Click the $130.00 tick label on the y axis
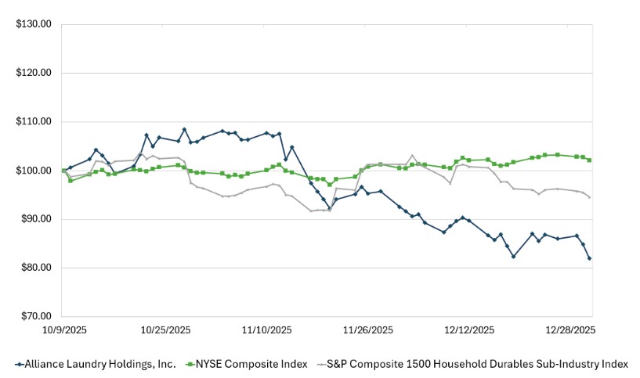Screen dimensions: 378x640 point(34,24)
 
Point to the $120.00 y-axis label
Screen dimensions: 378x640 point(34,73)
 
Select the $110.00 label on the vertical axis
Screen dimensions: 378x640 point(34,122)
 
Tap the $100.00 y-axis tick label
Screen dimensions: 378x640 point(34,171)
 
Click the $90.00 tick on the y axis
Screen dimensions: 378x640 point(35,219)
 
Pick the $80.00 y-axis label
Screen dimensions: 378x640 point(35,268)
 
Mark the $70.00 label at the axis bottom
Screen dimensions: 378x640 point(35,317)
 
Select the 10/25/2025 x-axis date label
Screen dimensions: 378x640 point(165,330)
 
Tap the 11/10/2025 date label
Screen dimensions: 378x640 point(266,330)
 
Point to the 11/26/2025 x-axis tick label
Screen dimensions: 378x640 point(368,330)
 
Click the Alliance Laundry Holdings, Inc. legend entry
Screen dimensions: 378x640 point(95,364)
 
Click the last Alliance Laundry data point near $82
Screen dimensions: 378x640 point(589,258)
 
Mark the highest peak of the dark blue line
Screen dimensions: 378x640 point(184,129)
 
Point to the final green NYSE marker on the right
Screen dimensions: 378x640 point(589,160)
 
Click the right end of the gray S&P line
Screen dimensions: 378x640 point(589,197)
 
